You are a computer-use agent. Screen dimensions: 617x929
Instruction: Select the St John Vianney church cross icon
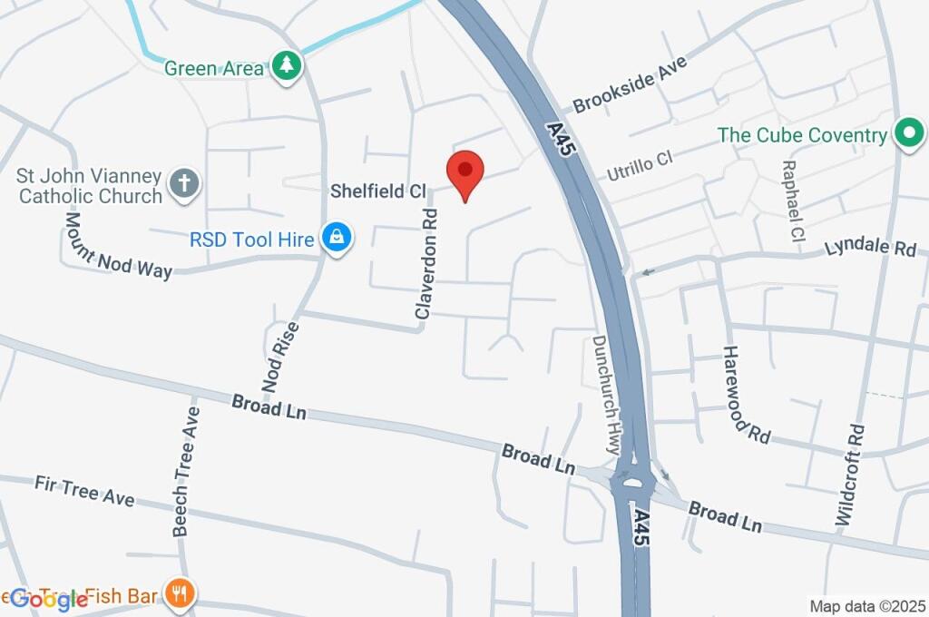184,184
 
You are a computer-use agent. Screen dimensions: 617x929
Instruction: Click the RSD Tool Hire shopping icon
337,240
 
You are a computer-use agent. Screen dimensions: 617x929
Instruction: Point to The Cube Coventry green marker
907,134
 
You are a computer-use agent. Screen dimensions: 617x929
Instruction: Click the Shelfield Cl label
378,191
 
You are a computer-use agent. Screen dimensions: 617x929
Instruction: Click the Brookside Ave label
631,83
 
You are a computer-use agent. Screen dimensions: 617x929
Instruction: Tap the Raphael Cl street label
791,201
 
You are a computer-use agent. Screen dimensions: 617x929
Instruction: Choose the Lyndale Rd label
870,247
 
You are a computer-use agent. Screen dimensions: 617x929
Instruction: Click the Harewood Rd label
747,394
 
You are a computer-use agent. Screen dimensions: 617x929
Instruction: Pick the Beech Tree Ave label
186,469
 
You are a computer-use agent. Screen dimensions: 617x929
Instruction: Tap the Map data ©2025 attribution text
866,605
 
